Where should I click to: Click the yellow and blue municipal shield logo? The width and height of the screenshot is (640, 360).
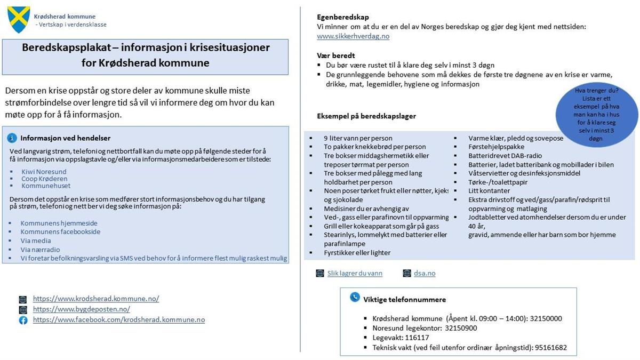pyautogui.click(x=19, y=20)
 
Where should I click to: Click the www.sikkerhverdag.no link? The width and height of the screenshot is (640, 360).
pyautogui.click(x=353, y=36)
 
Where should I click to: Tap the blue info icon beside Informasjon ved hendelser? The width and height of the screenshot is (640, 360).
pyautogui.click(x=12, y=138)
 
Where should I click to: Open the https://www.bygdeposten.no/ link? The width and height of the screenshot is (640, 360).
pyautogui.click(x=82, y=309)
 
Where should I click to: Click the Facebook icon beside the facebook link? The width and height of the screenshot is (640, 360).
pyautogui.click(x=23, y=320)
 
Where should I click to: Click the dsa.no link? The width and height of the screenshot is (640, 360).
pyautogui.click(x=425, y=273)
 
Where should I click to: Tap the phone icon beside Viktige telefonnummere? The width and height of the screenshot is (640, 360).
pyautogui.click(x=355, y=298)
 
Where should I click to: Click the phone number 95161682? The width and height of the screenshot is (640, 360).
pyautogui.click(x=550, y=347)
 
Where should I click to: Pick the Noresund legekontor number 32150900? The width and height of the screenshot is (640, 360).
pyautogui.click(x=461, y=328)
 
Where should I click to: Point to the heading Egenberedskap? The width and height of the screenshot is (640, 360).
pyautogui.click(x=343, y=17)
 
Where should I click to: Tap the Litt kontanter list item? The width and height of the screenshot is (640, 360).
pyautogui.click(x=489, y=190)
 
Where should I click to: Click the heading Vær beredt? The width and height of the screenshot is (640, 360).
pyautogui.click(x=336, y=55)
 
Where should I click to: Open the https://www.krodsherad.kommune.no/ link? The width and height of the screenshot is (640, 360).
pyautogui.click(x=96, y=299)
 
